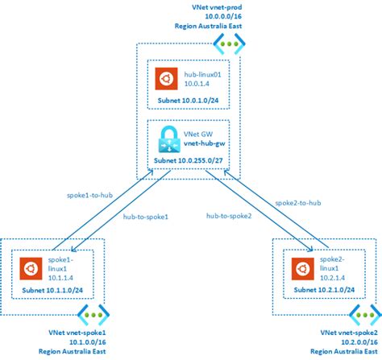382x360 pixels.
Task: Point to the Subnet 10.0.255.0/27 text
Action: (190, 161)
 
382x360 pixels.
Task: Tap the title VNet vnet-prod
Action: (206, 7)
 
